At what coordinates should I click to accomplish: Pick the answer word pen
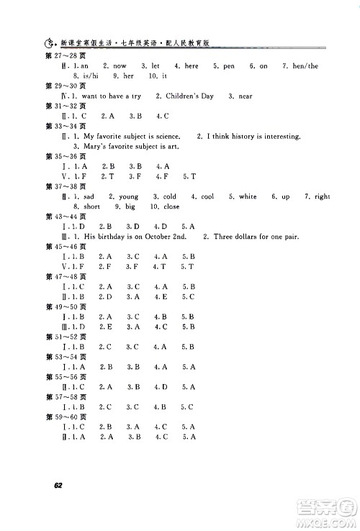pos(229,65)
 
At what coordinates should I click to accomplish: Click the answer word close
pos(171,206)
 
